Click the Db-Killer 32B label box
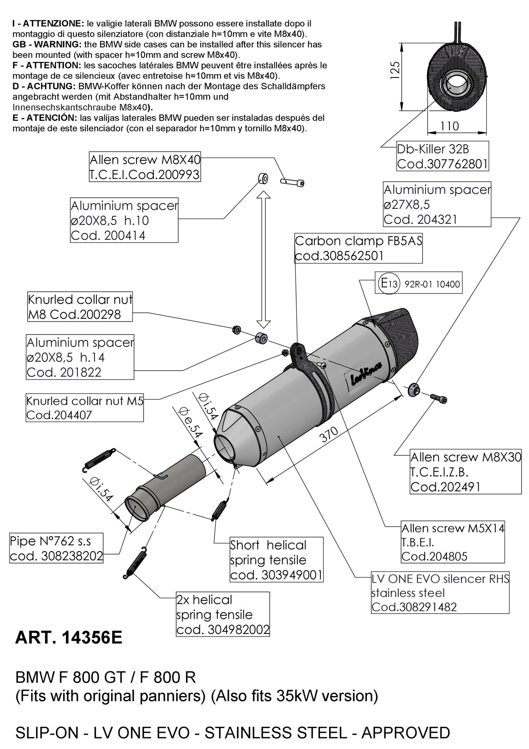[x=443, y=156]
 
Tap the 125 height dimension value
[x=395, y=71]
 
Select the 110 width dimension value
[x=449, y=126]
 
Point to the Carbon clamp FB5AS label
[x=358, y=248]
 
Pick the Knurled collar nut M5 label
[x=85, y=408]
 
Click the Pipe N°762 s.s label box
[x=56, y=548]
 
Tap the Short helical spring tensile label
[x=276, y=560]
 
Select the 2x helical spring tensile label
[x=223, y=615]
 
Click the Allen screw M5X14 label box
[x=453, y=542]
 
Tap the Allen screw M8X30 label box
[x=466, y=472]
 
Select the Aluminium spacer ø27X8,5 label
[x=437, y=204]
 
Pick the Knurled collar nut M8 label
[x=80, y=307]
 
